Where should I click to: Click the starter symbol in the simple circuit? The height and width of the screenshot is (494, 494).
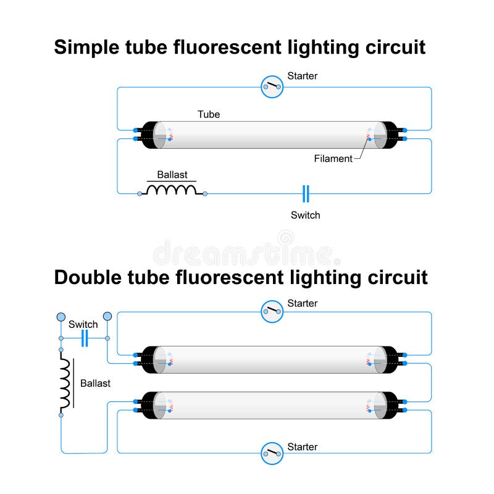(x=272, y=86)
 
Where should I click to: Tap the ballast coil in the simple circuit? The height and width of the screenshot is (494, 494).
(x=172, y=190)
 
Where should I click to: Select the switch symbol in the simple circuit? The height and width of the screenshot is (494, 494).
(x=306, y=193)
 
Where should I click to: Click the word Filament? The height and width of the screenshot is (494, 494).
(x=333, y=159)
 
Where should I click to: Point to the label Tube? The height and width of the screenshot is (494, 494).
(x=209, y=114)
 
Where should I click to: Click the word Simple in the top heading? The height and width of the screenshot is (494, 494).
(x=86, y=48)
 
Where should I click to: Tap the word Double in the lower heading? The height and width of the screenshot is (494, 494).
(x=88, y=277)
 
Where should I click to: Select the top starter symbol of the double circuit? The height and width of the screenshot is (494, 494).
(x=272, y=311)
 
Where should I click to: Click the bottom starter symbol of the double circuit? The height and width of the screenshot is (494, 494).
(x=272, y=453)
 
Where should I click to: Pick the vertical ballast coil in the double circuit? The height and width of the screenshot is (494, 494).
(x=65, y=383)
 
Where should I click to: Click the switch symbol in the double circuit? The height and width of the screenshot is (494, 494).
(x=85, y=338)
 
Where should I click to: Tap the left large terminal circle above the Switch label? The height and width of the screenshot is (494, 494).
(x=61, y=317)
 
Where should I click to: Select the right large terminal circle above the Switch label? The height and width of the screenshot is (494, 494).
(x=107, y=316)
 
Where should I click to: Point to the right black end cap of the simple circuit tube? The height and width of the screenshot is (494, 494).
(x=390, y=135)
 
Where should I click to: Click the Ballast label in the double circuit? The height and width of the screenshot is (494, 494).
(x=95, y=383)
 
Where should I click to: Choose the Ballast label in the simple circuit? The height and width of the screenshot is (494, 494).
(x=172, y=175)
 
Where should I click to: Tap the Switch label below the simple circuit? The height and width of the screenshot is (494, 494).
(x=305, y=215)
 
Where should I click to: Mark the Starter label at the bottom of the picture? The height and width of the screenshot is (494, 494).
(x=302, y=446)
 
